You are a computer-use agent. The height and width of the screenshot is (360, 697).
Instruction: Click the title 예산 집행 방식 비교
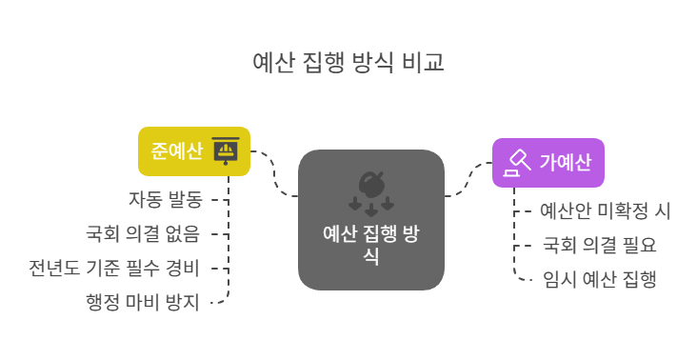tap(348, 62)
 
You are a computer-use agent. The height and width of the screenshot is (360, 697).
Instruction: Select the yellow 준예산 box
tap(193, 151)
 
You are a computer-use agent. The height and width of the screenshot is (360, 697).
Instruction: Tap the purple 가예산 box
tap(548, 162)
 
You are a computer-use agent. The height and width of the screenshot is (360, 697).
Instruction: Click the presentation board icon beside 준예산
tap(226, 151)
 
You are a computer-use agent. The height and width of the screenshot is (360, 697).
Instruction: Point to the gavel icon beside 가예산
tap(517, 162)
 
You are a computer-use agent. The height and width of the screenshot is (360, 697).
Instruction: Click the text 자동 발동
tap(166, 199)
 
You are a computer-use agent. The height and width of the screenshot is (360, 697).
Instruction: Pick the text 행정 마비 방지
tap(142, 302)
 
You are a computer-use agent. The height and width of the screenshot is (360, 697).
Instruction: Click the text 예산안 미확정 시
tap(606, 210)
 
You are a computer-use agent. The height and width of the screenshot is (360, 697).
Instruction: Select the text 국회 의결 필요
tap(599, 245)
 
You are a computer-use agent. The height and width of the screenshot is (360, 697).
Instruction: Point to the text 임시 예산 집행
tap(599, 279)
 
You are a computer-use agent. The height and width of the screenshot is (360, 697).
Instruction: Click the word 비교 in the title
tap(425, 62)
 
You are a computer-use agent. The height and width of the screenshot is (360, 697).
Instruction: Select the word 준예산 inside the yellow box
tap(176, 151)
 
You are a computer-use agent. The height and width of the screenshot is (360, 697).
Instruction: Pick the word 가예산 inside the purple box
tap(565, 162)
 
